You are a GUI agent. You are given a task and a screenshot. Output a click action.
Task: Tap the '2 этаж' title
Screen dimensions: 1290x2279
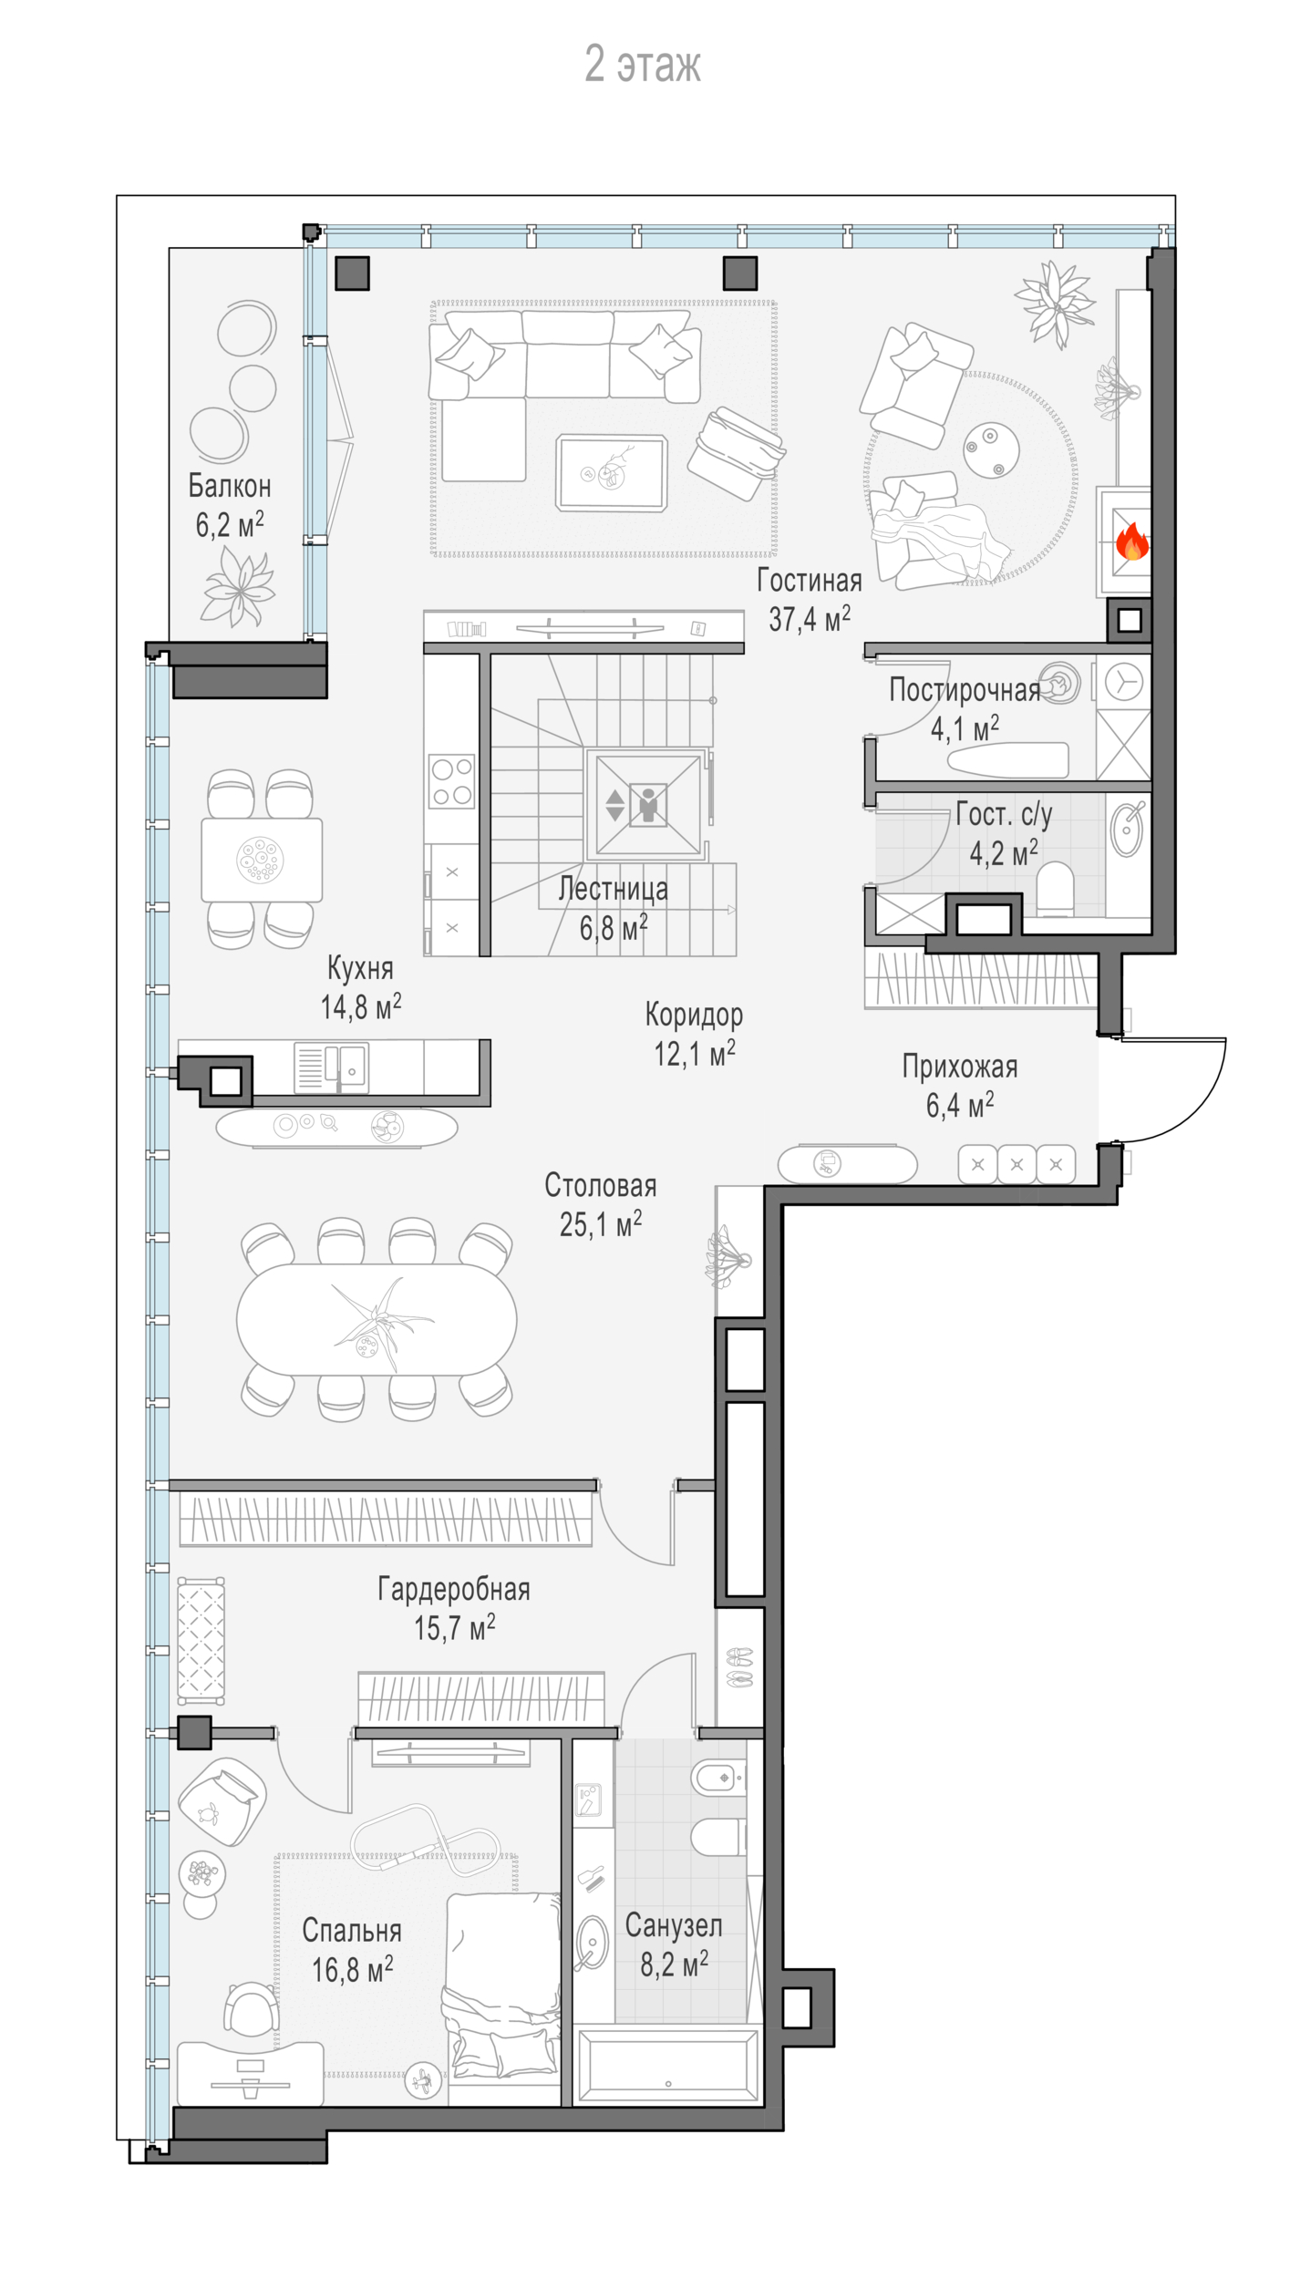click(643, 65)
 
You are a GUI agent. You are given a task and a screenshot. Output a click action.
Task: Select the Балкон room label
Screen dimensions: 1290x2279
click(230, 486)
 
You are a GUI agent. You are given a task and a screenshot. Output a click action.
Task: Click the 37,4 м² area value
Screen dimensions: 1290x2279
click(810, 619)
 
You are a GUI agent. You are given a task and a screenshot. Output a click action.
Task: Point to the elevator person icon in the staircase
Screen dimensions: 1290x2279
click(648, 805)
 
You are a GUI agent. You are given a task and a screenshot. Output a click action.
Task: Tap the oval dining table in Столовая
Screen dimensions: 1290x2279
click(377, 1319)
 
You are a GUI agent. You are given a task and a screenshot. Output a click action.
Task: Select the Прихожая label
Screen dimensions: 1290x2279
click(960, 1066)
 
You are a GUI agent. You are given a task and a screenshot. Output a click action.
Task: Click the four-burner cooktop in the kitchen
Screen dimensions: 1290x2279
click(452, 781)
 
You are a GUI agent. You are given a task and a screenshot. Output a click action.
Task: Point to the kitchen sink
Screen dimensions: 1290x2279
click(332, 1067)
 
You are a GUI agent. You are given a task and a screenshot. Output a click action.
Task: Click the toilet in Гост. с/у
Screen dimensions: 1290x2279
click(1056, 890)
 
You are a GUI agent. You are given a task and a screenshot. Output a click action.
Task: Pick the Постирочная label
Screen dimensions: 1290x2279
click(965, 690)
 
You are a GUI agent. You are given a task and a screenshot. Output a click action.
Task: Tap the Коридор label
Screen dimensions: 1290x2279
click(694, 1014)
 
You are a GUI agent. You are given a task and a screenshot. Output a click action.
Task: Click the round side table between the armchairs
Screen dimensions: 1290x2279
click(991, 449)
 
